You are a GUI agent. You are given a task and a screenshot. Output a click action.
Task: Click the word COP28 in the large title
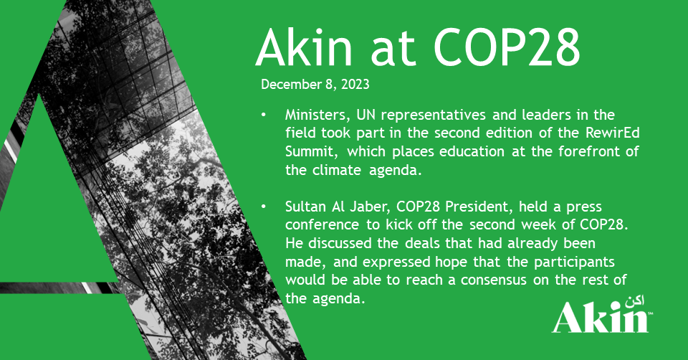pyautogui.click(x=507, y=47)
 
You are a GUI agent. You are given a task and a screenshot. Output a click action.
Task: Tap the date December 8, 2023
pyautogui.click(x=315, y=85)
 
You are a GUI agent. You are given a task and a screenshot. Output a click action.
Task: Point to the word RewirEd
pyautogui.click(x=613, y=133)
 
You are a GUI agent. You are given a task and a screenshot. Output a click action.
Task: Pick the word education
pyautogui.click(x=472, y=151)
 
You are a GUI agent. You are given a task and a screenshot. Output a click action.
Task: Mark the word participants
pyautogui.click(x=574, y=262)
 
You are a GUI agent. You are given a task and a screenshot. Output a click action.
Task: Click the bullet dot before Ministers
pyautogui.click(x=263, y=115)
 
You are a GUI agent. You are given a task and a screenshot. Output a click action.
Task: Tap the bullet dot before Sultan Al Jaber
pyautogui.click(x=263, y=207)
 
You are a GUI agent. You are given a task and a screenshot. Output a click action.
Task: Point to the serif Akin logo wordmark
pyautogui.click(x=601, y=318)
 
